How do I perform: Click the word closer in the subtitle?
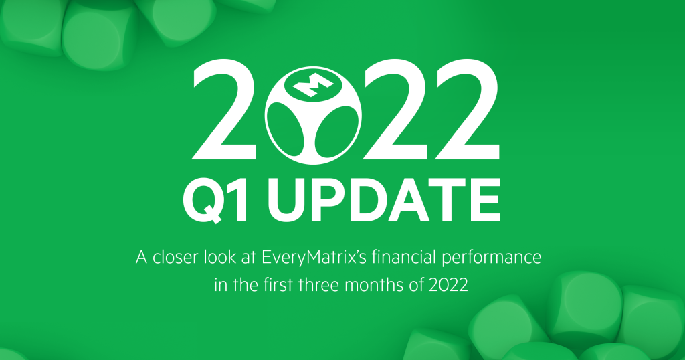pos(176,258)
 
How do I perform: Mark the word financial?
pos(412,258)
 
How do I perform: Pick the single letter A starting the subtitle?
pos(140,258)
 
